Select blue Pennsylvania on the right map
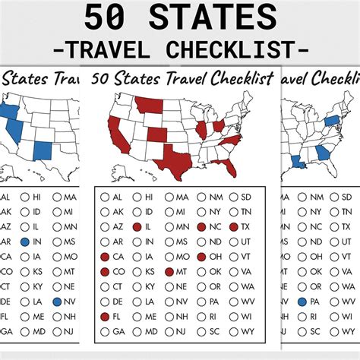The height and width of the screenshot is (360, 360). pos(331,120)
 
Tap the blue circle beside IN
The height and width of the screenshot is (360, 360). pos(24,242)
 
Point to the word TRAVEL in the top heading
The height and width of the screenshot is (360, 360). pos(115,49)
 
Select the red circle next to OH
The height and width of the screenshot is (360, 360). pos(201,257)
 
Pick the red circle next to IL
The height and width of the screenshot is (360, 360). pos(136,227)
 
